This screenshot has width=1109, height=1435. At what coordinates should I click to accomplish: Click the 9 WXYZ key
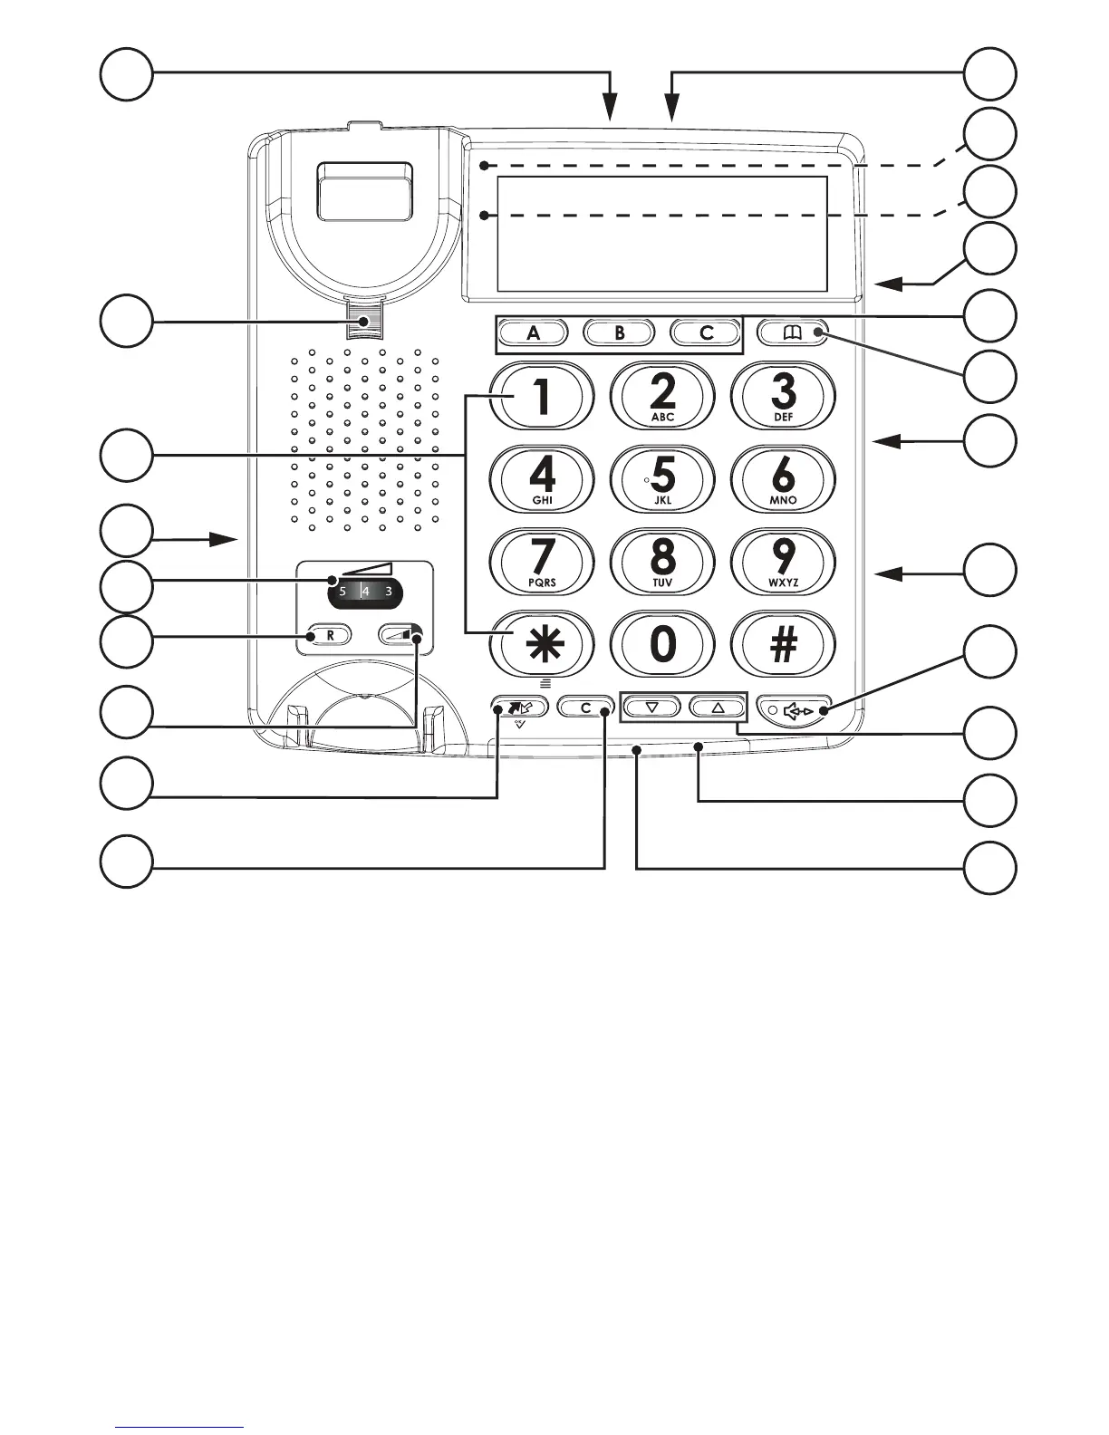(783, 561)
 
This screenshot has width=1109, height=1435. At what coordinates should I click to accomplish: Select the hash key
(783, 644)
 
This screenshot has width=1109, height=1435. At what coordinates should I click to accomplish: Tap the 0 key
(662, 644)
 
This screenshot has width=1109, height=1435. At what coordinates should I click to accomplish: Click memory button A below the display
(534, 332)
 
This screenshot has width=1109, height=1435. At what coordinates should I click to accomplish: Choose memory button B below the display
(620, 332)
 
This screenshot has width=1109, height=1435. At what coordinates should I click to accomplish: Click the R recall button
(330, 635)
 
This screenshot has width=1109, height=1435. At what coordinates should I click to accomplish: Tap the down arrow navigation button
(651, 708)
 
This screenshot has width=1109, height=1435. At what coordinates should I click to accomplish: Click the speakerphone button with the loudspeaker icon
(795, 710)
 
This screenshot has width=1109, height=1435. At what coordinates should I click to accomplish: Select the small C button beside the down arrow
(584, 708)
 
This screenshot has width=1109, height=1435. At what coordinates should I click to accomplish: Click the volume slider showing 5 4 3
(365, 592)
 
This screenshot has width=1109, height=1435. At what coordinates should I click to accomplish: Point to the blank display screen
(661, 234)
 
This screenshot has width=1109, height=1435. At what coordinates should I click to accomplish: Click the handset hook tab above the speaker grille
(368, 321)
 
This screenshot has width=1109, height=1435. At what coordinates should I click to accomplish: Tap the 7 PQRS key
(542, 561)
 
